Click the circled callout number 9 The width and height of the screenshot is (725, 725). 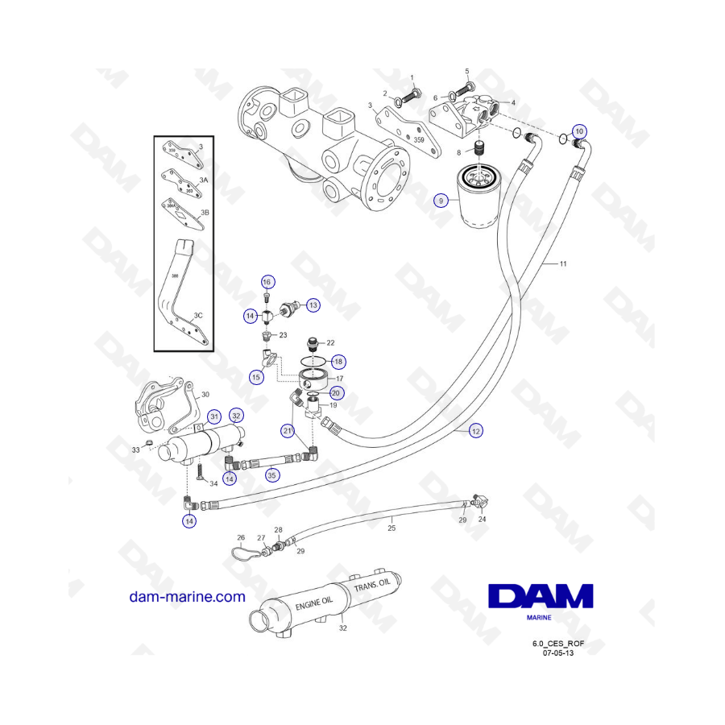point(441,199)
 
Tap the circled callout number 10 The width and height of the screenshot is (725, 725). point(579,130)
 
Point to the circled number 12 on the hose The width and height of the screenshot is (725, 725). point(476,431)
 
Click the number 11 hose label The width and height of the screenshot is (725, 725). point(563,264)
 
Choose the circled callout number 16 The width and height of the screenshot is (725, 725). point(267,282)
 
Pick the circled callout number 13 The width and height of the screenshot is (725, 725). point(313,304)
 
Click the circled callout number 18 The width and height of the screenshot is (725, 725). point(338,362)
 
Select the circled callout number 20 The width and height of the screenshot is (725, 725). point(336,392)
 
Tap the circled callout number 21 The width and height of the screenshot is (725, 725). point(288,431)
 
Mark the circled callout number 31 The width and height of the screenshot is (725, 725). point(213,416)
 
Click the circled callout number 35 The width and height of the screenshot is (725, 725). point(271,474)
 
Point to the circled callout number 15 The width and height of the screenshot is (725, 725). point(256,376)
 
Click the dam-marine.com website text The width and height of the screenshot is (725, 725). point(187,597)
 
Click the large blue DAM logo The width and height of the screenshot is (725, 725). point(541,598)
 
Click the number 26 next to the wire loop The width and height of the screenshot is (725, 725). point(240,537)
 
